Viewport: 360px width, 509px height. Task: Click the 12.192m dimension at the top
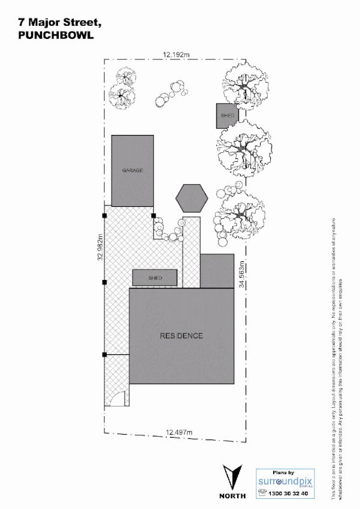pyautogui.click(x=176, y=55)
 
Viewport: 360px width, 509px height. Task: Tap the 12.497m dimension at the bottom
pyautogui.click(x=178, y=431)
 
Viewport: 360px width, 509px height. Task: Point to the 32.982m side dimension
pyautogui.click(x=100, y=246)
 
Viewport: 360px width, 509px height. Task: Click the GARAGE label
pyautogui.click(x=132, y=171)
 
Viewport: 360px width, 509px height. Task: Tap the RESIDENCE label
pyautogui.click(x=181, y=335)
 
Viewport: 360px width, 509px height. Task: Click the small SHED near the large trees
pyautogui.click(x=227, y=115)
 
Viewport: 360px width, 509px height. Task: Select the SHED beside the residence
pyautogui.click(x=155, y=278)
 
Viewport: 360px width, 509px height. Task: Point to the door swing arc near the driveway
pyautogui.click(x=119, y=399)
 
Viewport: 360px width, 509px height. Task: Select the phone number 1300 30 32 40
pyautogui.click(x=289, y=493)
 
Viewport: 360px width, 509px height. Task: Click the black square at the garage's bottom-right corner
pyautogui.click(x=153, y=215)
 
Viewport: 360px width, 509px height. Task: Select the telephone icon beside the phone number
pyautogui.click(x=262, y=493)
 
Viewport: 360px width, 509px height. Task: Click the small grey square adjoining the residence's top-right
pyautogui.click(x=216, y=271)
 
